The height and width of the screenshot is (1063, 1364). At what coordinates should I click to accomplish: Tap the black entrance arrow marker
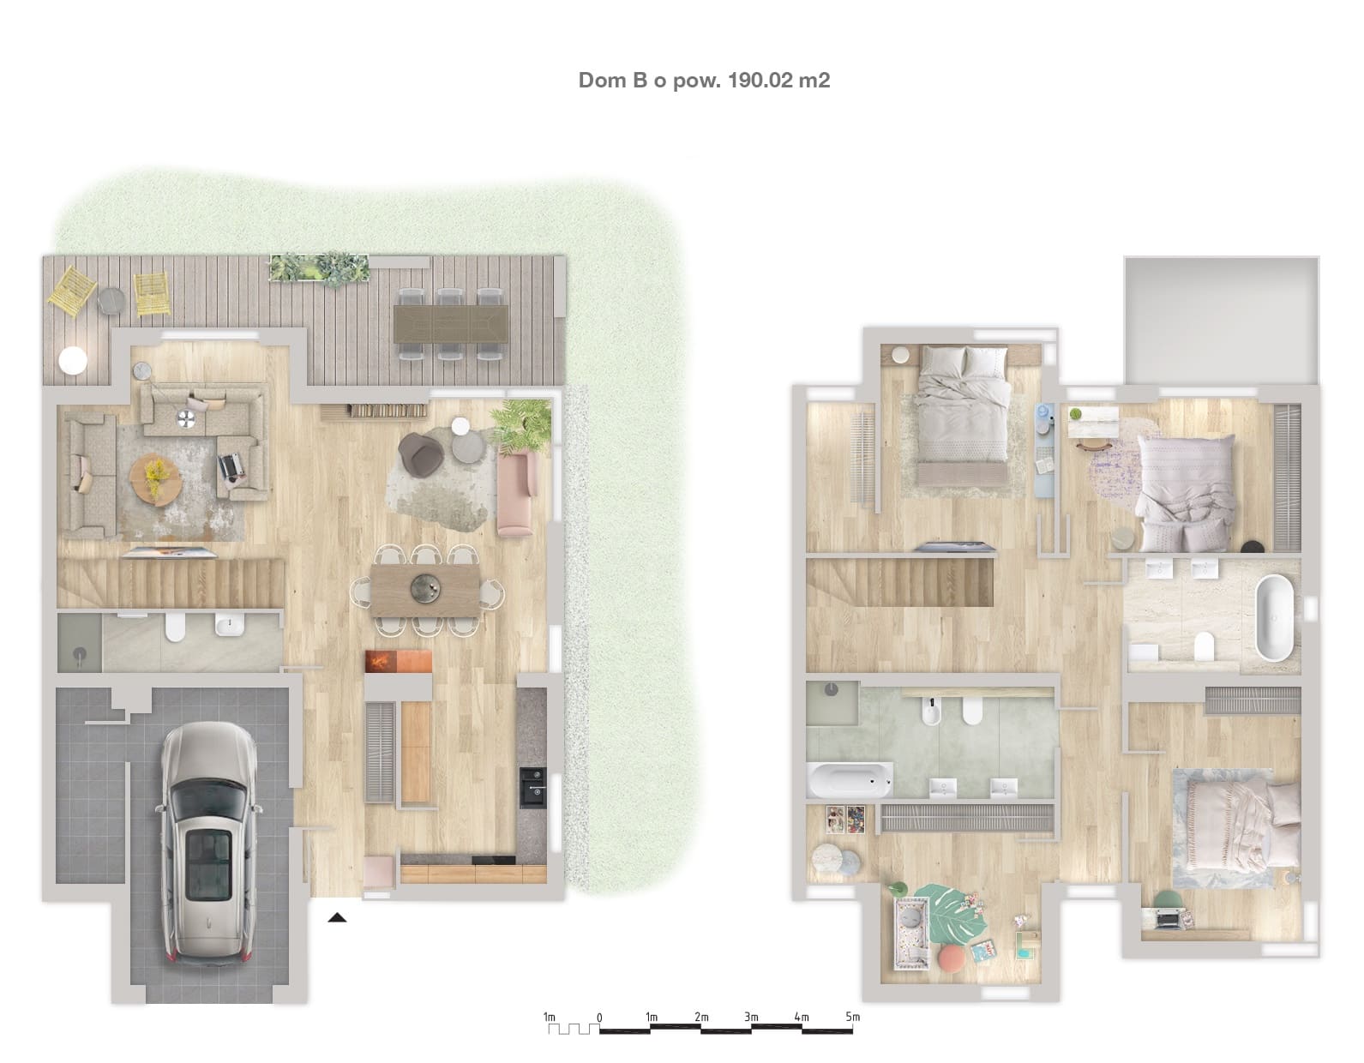pyautogui.click(x=337, y=918)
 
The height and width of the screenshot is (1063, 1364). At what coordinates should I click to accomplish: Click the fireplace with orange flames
pyautogui.click(x=398, y=662)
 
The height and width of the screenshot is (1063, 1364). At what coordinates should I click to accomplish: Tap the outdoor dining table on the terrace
pyautogui.click(x=451, y=324)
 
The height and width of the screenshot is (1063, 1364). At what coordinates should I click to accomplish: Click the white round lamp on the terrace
pyautogui.click(x=73, y=361)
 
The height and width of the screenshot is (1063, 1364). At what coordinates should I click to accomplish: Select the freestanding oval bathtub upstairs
pyautogui.click(x=1274, y=617)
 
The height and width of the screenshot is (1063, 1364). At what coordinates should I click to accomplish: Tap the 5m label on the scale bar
pyautogui.click(x=852, y=1017)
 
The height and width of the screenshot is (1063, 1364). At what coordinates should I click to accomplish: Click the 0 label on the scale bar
pyautogui.click(x=599, y=1018)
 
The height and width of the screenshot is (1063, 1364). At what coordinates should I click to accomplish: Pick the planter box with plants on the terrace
pyautogui.click(x=319, y=268)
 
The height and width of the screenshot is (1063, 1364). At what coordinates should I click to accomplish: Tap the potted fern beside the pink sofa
pyautogui.click(x=521, y=425)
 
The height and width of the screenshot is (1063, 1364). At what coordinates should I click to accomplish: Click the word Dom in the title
pyautogui.click(x=602, y=81)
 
